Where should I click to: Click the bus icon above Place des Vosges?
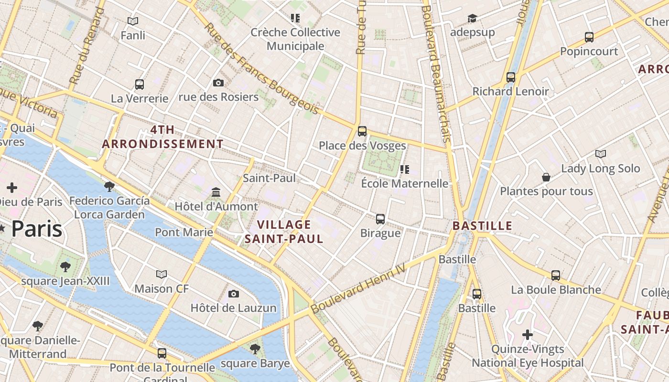click(362, 131)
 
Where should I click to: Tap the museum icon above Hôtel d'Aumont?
click(216, 192)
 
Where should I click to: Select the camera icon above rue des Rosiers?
click(218, 83)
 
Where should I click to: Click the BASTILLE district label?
click(482, 226)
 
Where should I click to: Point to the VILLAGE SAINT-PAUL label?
click(284, 232)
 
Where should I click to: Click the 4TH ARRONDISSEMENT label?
click(163, 137)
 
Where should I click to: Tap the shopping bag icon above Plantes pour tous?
click(546, 177)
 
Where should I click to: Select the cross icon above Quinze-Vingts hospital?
click(528, 335)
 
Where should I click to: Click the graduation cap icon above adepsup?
click(472, 18)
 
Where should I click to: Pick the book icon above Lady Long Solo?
click(601, 154)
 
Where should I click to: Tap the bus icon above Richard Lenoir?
click(511, 77)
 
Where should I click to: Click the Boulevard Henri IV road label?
click(358, 289)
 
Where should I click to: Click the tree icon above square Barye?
click(255, 349)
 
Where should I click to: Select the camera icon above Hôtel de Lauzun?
click(234, 294)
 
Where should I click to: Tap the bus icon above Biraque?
click(380, 219)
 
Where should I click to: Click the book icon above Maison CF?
click(162, 274)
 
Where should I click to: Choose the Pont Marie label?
click(184, 233)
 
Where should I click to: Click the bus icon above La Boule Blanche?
click(555, 275)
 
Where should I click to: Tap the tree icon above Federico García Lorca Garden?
click(109, 186)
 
